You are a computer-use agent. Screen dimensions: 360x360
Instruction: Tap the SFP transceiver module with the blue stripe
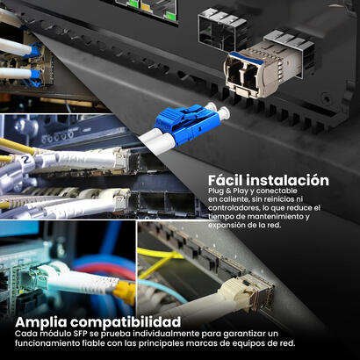(261, 69)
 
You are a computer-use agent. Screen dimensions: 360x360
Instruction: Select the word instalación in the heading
(287, 180)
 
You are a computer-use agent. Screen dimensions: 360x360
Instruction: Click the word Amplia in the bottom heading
(41, 322)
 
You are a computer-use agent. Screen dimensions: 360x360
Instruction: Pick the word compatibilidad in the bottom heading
(126, 322)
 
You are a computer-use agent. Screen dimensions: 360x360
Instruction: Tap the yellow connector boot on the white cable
(126, 292)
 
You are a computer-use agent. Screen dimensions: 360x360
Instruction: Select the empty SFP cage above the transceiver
(222, 28)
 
